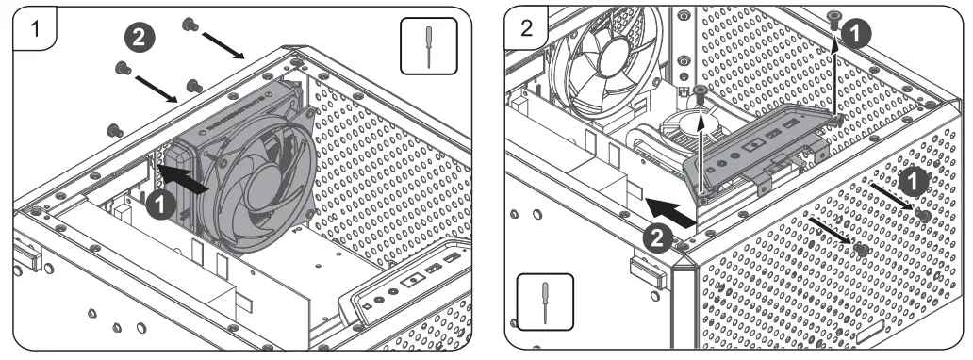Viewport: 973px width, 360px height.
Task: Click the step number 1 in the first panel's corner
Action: (x=35, y=28)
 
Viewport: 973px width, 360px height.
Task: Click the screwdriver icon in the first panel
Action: (x=429, y=45)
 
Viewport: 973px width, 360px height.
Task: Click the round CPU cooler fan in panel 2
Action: (x=691, y=126)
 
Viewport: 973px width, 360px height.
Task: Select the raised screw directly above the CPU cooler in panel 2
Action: (x=701, y=91)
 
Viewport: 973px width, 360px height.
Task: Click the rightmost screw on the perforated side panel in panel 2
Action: (x=924, y=216)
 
